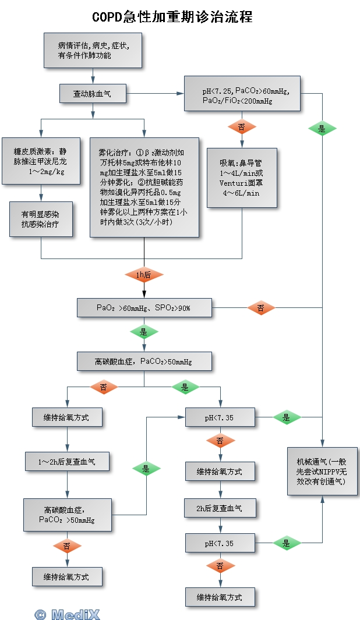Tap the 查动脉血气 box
point(93,93)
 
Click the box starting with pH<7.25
point(242,93)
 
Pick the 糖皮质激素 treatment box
point(41,161)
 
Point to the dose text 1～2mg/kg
point(47,173)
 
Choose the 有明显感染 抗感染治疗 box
point(41,219)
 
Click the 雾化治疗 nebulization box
point(144,187)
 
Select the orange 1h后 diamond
point(144,275)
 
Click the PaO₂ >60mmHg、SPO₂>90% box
point(144,307)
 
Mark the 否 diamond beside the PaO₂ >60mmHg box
point(260,307)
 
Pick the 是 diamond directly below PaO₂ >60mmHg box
point(144,332)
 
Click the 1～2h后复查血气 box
point(67,461)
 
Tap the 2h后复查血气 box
point(220,508)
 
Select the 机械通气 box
point(322,471)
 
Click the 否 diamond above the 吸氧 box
point(242,126)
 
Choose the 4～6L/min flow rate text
point(239,193)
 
